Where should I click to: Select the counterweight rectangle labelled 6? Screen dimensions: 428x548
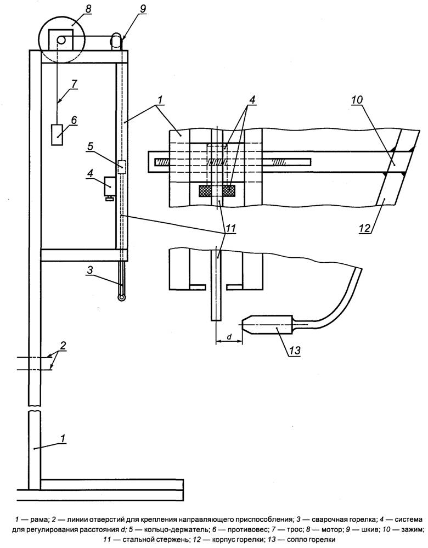pyautogui.click(x=57, y=134)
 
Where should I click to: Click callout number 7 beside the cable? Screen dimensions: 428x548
pyautogui.click(x=74, y=84)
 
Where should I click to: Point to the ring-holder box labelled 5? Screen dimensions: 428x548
pyautogui.click(x=121, y=167)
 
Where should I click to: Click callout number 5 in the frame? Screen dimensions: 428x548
pyautogui.click(x=91, y=146)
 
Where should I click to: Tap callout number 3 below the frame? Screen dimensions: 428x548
pyautogui.click(x=90, y=269)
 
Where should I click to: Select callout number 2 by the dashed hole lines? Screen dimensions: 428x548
pyautogui.click(x=63, y=346)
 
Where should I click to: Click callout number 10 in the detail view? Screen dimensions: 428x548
pyautogui.click(x=357, y=100)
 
